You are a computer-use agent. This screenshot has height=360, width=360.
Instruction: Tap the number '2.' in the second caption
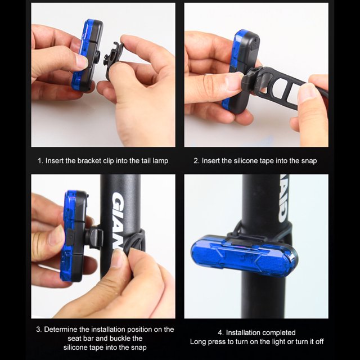(196, 161)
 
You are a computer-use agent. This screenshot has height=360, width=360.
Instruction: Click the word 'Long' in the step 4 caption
(197, 342)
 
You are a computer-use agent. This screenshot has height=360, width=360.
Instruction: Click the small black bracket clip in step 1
(114, 61)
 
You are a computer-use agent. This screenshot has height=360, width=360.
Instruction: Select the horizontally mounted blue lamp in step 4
(244, 255)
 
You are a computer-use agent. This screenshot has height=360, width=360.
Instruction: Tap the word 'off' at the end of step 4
(319, 342)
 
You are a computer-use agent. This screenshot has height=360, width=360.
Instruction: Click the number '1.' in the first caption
(40, 161)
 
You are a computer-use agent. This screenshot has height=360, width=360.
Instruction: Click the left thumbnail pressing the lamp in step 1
(82, 62)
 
